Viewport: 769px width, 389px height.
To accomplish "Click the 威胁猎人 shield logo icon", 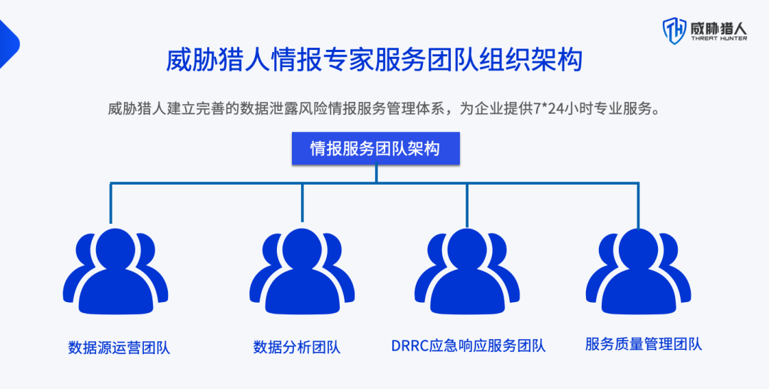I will tap(674, 31).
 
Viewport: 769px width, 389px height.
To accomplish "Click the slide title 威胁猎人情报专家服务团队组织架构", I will tap(375, 60).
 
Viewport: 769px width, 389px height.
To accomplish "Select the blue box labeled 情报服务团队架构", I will tap(375, 149).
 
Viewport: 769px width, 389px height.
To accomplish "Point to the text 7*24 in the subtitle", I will tap(548, 109).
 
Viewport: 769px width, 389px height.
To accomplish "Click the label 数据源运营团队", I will tap(119, 348).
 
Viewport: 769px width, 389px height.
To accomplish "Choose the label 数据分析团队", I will tap(297, 348).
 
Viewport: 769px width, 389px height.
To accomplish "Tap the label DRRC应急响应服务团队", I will tap(469, 346).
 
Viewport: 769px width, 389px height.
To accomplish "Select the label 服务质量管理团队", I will tap(644, 344).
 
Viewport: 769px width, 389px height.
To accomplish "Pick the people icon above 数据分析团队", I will tap(302, 271).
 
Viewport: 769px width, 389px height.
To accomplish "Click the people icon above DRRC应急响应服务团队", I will tap(467, 271).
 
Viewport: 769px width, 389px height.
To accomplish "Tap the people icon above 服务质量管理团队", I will tap(638, 271).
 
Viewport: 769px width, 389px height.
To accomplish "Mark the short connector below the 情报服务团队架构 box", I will tap(376, 174).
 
